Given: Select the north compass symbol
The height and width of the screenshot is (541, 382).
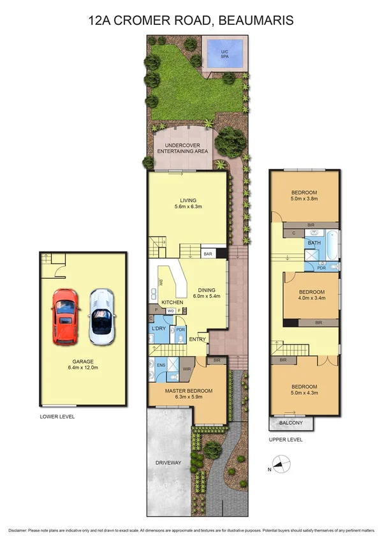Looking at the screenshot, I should pos(280,466).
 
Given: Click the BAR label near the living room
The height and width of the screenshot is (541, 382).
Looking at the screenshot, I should pos(207,253).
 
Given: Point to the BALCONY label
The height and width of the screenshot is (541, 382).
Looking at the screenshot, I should pos(291,424).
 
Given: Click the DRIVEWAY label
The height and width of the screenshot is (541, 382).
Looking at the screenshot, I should pos(168,462).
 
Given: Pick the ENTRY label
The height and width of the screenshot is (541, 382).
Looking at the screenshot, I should pos(198,339).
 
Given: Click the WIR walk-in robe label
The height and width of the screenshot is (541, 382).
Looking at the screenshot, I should pos(187,369).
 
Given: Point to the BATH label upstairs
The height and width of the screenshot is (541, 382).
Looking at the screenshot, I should pos(314,243).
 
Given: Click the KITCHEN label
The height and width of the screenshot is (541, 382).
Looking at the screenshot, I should pos(172,302).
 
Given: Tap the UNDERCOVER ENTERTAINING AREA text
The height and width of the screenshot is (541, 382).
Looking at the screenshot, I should pos(183,147).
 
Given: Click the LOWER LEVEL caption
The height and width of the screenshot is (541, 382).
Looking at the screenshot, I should pos(57,416).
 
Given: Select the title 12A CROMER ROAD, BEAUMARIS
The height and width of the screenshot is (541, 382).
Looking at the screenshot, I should pos(191,21).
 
